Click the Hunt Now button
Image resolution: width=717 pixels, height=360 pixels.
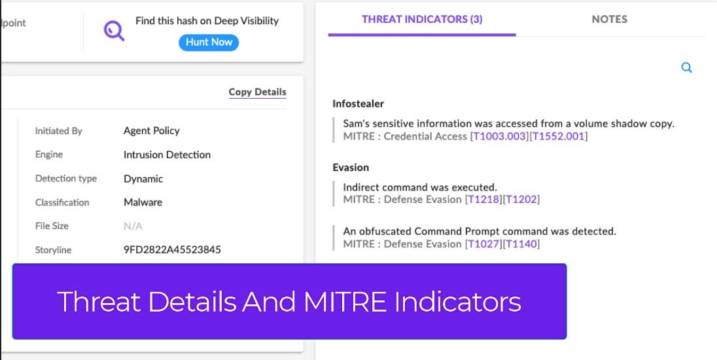[209, 42]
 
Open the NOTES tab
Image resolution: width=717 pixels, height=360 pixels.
[609, 19]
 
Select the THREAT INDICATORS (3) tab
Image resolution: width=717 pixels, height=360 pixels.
[421, 19]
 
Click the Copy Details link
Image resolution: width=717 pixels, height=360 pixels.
[258, 92]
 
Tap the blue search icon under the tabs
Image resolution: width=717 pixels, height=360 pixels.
[686, 67]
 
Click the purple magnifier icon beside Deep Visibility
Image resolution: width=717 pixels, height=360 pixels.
[114, 31]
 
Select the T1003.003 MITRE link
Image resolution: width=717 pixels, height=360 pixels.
[500, 136]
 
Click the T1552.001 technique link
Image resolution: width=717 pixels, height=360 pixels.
[558, 136]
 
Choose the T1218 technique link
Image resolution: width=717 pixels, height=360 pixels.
[483, 200]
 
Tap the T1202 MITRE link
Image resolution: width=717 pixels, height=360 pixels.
[521, 200]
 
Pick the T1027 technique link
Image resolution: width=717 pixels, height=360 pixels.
[483, 243]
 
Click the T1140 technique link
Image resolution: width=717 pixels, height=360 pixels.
[521, 243]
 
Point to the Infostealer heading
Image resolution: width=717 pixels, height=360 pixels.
[358, 104]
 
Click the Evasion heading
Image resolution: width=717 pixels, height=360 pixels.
[351, 168]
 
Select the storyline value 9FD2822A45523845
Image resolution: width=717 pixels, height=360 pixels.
[173, 250]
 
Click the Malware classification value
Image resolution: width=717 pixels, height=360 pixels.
[143, 202]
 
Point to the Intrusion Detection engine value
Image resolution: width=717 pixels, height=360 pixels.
[167, 154]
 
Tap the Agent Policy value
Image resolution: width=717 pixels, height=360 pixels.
[151, 131]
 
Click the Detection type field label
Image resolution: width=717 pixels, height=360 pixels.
[66, 179]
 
